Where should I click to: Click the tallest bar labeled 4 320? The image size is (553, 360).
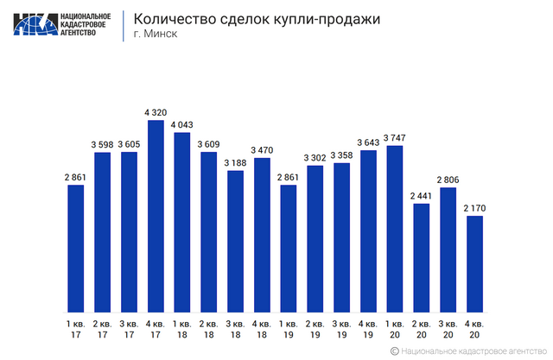tap(156, 216)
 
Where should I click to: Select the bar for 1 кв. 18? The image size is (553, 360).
tap(182, 222)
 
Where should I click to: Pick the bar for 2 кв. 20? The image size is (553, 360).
tap(421, 257)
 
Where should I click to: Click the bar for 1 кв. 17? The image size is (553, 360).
tap(75, 249)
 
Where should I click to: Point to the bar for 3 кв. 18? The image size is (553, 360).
tap(235, 241)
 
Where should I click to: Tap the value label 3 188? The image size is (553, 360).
tap(235, 161)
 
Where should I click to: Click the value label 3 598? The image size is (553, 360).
tap(102, 142)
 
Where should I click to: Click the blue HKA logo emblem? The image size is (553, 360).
tap(34, 24)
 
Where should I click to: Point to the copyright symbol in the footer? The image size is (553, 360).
tap(394, 351)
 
